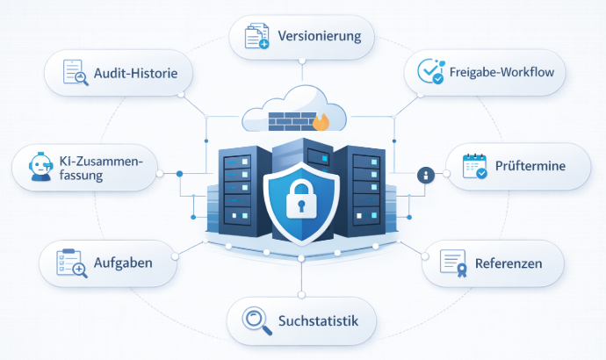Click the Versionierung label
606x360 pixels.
(320, 38)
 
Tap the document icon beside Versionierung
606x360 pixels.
(256, 38)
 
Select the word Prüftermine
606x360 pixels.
(530, 165)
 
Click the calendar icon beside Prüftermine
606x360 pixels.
(475, 166)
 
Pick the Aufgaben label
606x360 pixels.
(124, 263)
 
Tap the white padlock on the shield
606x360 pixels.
(301, 199)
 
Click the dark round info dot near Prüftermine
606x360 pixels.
(425, 176)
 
